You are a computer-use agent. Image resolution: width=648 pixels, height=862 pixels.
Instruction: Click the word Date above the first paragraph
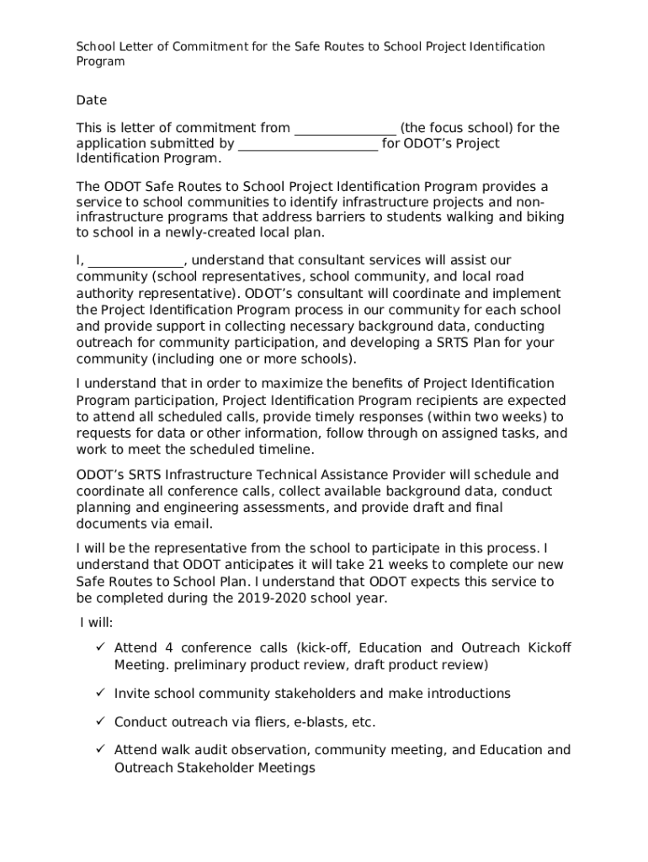pos(92,100)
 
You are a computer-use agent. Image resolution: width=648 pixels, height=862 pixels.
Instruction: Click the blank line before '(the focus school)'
pos(345,129)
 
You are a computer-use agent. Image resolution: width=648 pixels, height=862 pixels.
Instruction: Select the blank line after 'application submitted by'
pos(308,145)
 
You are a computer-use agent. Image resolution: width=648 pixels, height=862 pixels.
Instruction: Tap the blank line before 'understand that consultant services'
pos(135,261)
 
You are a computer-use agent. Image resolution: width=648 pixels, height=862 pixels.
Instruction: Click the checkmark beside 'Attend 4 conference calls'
pos(98,647)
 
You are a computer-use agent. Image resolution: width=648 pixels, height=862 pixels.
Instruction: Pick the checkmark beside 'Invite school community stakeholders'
pos(98,694)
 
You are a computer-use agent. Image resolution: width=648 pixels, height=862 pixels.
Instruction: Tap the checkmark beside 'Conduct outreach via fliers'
pos(98,722)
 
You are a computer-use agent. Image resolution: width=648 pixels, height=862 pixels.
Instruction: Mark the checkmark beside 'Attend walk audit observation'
pos(98,750)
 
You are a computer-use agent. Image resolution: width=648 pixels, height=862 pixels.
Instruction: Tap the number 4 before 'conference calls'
pos(169,647)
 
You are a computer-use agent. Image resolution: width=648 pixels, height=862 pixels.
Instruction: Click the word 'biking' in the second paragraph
pos(544,217)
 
